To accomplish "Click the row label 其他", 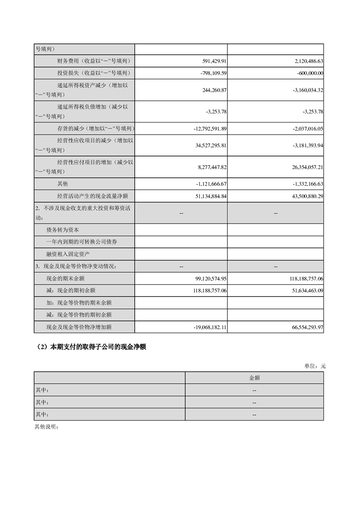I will [x=62, y=184].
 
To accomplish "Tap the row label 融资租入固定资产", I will [x=68, y=254].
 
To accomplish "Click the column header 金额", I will [x=254, y=377].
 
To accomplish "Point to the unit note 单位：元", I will [x=315, y=366].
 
